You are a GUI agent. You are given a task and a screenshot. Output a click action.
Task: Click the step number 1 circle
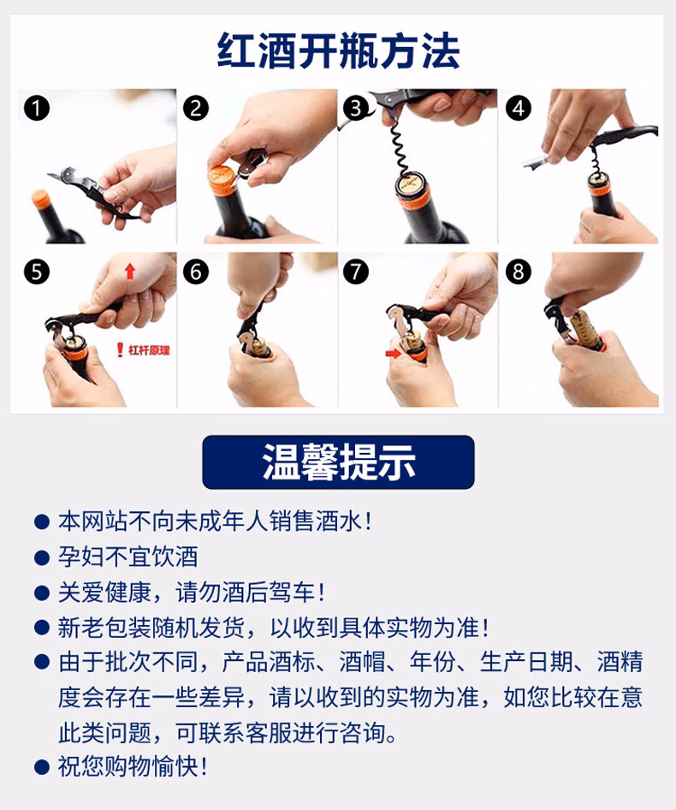tap(37, 109)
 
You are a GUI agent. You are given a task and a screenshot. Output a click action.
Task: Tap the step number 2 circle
tap(196, 109)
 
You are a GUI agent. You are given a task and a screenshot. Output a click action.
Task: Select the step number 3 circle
tap(356, 109)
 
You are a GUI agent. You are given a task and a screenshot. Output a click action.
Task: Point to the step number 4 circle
tap(519, 109)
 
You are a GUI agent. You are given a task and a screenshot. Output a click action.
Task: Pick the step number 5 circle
tap(37, 271)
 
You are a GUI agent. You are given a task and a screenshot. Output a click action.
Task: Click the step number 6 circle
tap(196, 271)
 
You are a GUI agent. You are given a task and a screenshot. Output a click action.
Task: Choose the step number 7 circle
tap(356, 271)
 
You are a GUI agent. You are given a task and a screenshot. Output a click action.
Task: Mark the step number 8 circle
tap(519, 271)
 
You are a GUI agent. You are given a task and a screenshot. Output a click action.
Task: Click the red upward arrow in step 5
tap(129, 271)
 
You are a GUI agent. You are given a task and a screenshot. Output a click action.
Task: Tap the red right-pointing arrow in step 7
tap(393, 354)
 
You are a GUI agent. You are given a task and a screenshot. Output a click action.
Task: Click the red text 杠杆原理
tap(149, 350)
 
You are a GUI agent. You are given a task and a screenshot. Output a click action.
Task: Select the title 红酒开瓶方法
tap(338, 51)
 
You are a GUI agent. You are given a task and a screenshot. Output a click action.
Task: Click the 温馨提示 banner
tap(338, 462)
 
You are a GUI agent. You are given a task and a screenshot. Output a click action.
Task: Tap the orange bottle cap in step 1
tap(41, 200)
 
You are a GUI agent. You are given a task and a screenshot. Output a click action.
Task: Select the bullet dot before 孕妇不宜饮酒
tap(41, 557)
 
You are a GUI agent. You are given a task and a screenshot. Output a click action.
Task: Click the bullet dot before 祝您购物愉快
tap(41, 766)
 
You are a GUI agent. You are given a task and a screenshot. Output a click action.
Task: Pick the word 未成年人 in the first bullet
tap(222, 521)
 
